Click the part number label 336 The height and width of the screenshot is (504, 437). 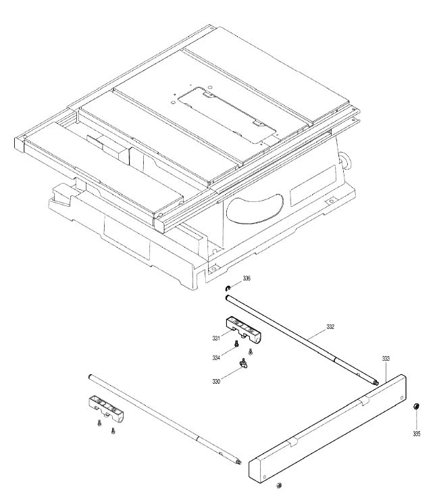[x=247, y=278]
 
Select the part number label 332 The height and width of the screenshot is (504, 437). [x=330, y=326]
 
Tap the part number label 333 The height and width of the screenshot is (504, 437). [x=386, y=358]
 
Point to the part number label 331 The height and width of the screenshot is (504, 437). [x=216, y=338]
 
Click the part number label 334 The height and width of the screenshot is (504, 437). [x=216, y=357]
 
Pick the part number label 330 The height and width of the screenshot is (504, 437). [x=216, y=382]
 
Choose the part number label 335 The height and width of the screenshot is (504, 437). [x=417, y=434]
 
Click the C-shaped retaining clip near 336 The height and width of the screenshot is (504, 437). [x=228, y=288]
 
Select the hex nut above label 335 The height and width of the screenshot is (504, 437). [x=416, y=407]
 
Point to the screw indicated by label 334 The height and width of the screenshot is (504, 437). [x=236, y=344]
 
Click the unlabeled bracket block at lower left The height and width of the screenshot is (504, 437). [x=106, y=409]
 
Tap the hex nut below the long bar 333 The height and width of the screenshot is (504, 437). [x=279, y=485]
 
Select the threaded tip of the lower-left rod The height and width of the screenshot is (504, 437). [x=238, y=461]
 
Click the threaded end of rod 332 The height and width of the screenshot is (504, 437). [x=376, y=382]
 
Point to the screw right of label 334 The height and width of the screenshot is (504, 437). [x=251, y=352]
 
